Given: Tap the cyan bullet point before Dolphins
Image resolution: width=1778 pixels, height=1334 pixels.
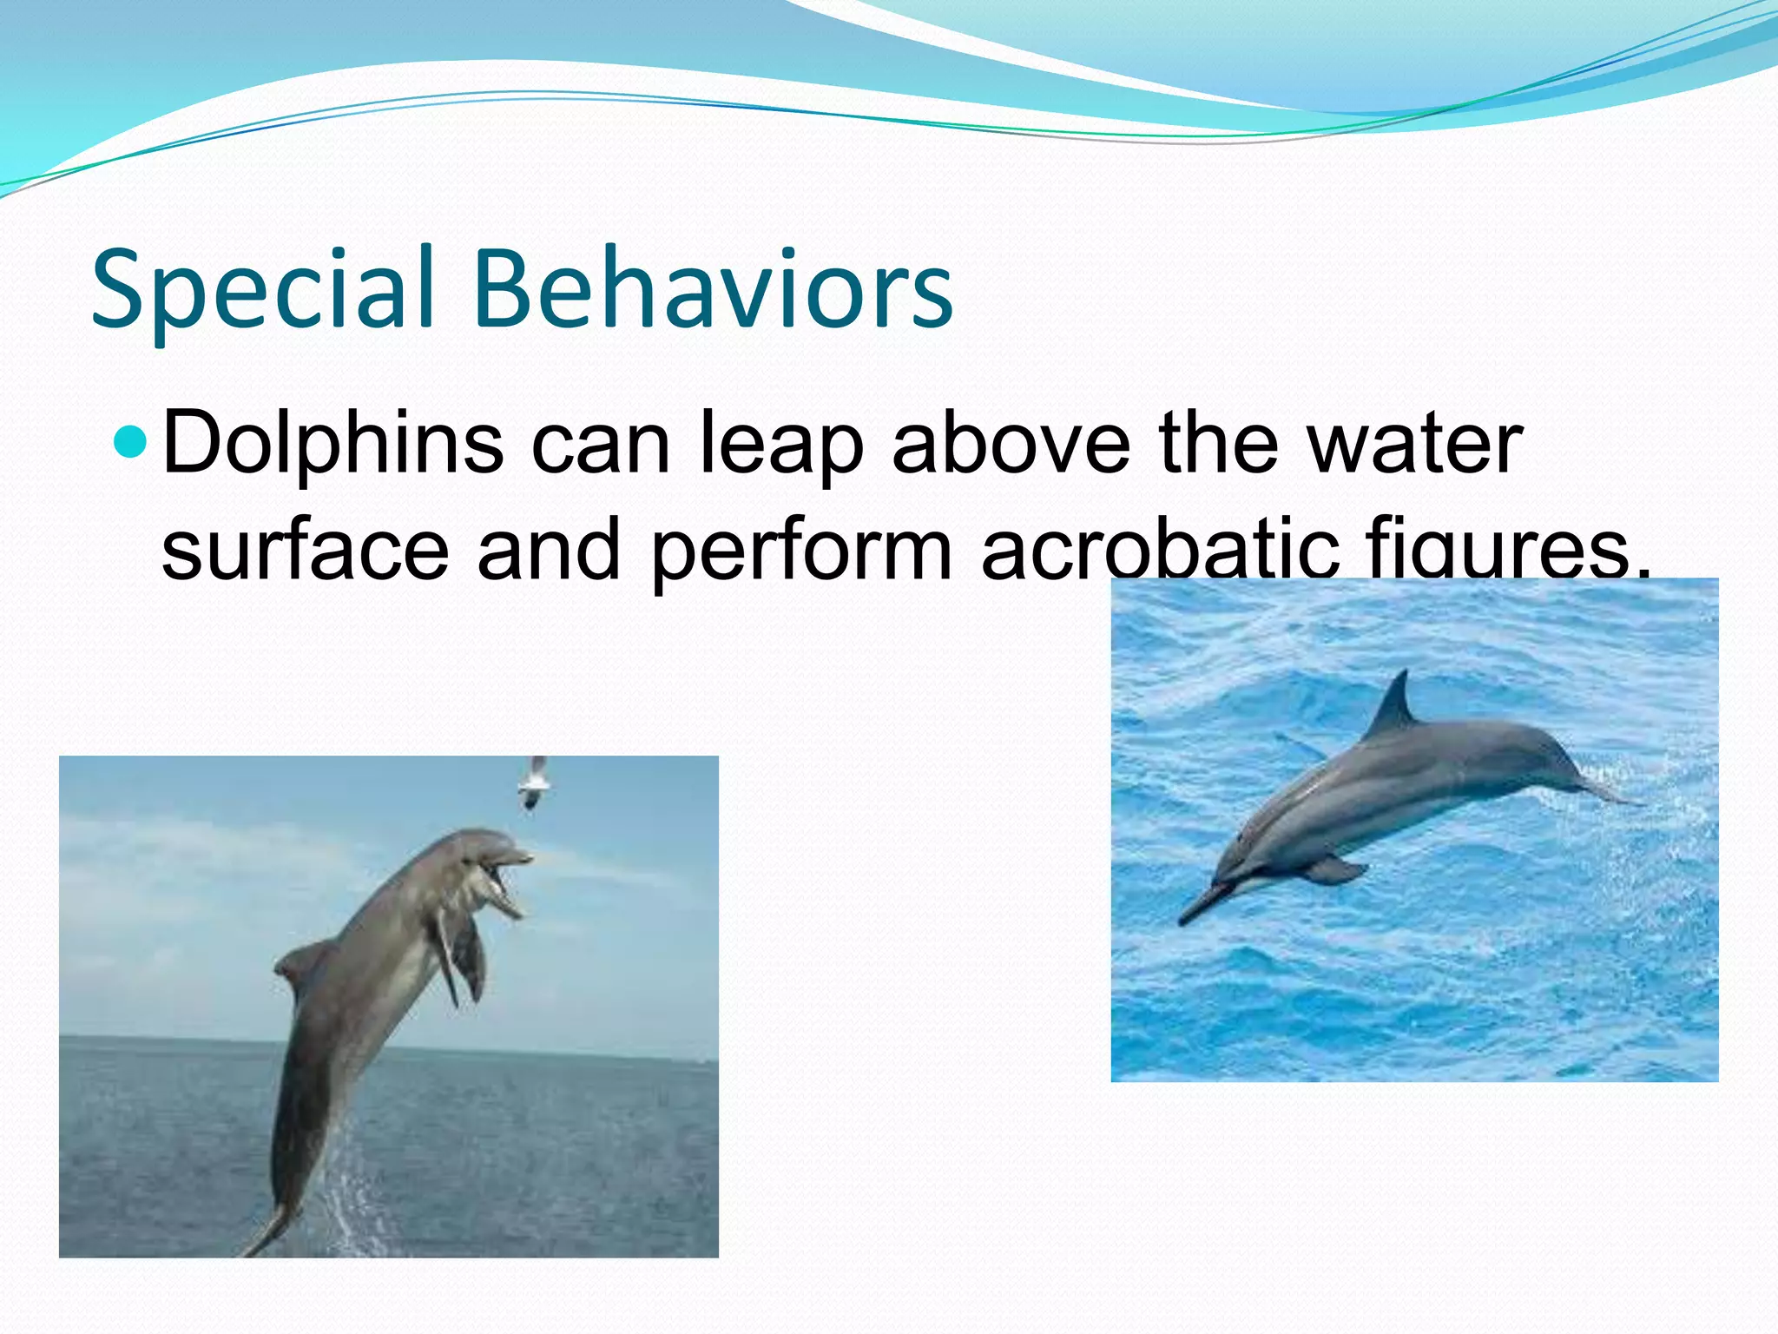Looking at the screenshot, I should tap(132, 441).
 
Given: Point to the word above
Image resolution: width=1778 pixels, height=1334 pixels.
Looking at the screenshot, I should tap(1011, 445).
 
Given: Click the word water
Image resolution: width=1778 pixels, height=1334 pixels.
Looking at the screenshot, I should tap(1414, 445).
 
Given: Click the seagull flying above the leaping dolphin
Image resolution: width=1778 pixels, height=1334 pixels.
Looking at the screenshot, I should tap(534, 782).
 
